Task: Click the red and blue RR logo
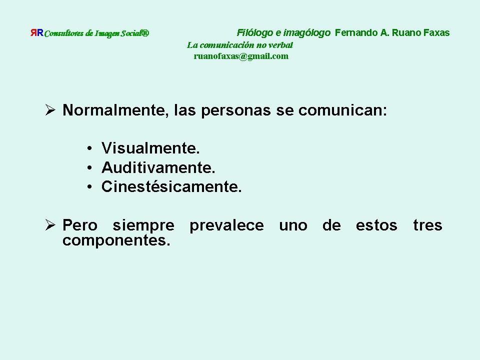pyautogui.click(x=36, y=32)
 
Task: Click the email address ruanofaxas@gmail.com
pyautogui.click(x=241, y=56)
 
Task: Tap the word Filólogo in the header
pyautogui.click(x=254, y=33)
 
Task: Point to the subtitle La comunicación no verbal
pyautogui.click(x=239, y=45)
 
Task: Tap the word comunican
pyautogui.click(x=342, y=110)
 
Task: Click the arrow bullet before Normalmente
pyautogui.click(x=50, y=109)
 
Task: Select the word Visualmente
pyautogui.click(x=150, y=148)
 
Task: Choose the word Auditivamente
pyautogui.click(x=158, y=167)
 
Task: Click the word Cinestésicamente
pyautogui.click(x=171, y=186)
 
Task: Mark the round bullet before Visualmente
pyautogui.click(x=89, y=149)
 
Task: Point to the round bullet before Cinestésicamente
pyautogui.click(x=89, y=187)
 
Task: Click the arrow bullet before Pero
pyautogui.click(x=50, y=224)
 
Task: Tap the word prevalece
pyautogui.click(x=226, y=226)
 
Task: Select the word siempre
pyautogui.click(x=143, y=226)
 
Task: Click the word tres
pyautogui.click(x=427, y=225)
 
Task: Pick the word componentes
pyautogui.click(x=116, y=240)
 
